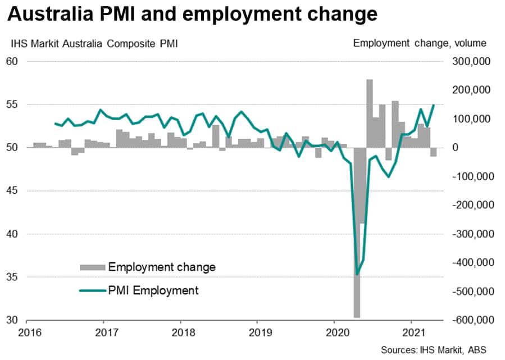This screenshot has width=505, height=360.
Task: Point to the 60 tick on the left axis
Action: pyautogui.click(x=13, y=61)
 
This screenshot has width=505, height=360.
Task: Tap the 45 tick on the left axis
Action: pyautogui.click(x=13, y=191)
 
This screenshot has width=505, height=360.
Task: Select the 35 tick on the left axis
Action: pyautogui.click(x=13, y=277)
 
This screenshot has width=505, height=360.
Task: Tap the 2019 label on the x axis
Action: pyautogui.click(x=257, y=331)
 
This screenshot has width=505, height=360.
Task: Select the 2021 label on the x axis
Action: pyautogui.click(x=413, y=331)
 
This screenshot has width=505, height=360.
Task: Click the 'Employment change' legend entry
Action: pyautogui.click(x=162, y=267)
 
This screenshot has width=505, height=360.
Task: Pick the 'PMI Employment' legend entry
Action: pyautogui.click(x=153, y=290)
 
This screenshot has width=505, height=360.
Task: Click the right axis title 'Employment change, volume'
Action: pyautogui.click(x=420, y=43)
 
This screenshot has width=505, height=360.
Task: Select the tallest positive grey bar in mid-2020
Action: pyautogui.click(x=370, y=112)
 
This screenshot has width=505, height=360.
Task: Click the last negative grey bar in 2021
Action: pyautogui.click(x=433, y=152)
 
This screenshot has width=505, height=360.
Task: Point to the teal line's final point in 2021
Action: pyautogui.click(x=433, y=105)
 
